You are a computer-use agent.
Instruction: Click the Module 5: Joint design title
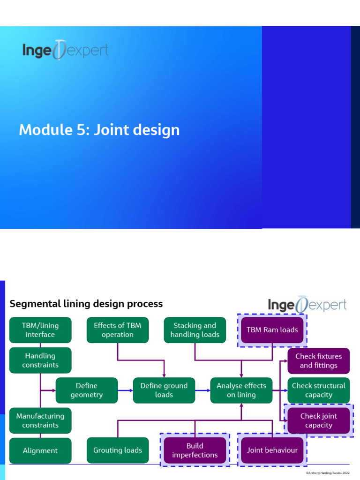(x=99, y=130)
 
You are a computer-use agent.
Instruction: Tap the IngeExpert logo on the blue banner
(x=65, y=50)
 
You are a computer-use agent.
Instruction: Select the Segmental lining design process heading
(x=86, y=304)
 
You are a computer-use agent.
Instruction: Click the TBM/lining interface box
(x=40, y=330)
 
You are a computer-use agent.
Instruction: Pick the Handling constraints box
(x=40, y=360)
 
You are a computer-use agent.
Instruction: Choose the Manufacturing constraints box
(x=40, y=420)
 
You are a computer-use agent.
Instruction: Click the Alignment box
(x=40, y=450)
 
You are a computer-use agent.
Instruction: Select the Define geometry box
(x=87, y=390)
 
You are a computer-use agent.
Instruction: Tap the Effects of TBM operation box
(x=118, y=330)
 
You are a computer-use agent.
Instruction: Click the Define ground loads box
(x=164, y=390)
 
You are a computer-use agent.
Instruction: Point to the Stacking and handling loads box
(x=195, y=330)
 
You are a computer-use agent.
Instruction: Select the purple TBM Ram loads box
(x=272, y=330)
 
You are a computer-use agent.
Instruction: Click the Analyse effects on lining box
(x=241, y=390)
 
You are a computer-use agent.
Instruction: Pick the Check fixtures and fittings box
(x=319, y=360)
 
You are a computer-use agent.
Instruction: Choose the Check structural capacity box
(x=319, y=390)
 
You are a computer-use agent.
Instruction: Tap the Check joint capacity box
(x=319, y=420)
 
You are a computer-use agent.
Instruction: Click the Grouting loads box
(x=118, y=450)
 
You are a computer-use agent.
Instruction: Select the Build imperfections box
(x=195, y=450)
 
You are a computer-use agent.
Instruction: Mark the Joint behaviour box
(x=272, y=450)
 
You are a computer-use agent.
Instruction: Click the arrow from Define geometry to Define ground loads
(x=125, y=390)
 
